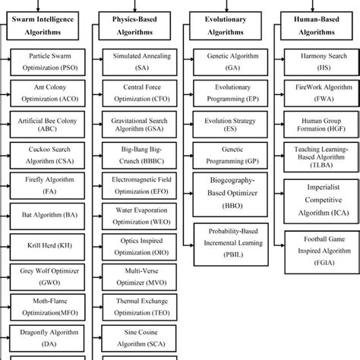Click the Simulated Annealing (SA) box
click(141, 62)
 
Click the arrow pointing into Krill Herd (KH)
click(7, 248)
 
